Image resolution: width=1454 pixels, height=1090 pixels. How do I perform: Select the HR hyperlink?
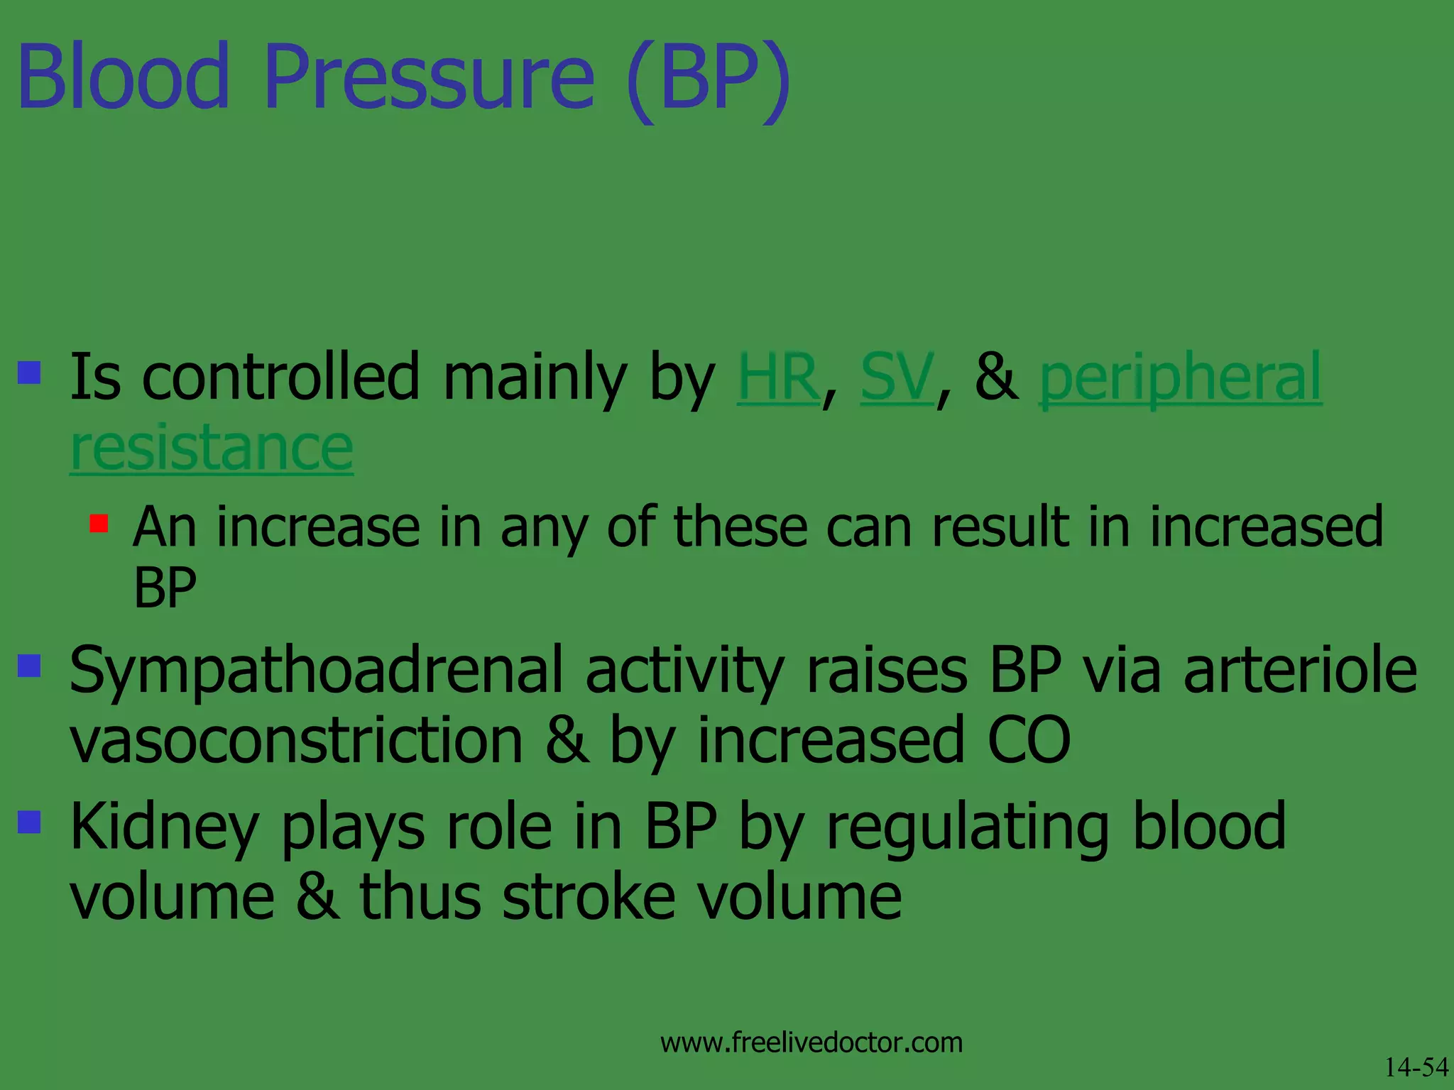[779, 378]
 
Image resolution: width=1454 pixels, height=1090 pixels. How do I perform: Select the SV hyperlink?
[897, 378]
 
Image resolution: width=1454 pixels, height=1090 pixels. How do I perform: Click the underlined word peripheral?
[1180, 380]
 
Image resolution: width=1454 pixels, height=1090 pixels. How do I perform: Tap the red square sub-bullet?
[99, 524]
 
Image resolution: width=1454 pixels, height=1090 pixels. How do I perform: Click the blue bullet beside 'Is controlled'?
[29, 372]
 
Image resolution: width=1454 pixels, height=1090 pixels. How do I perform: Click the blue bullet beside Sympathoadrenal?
[29, 666]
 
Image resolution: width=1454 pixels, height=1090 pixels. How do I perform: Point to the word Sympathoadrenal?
[316, 673]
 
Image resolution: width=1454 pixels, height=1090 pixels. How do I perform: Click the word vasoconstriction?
[296, 741]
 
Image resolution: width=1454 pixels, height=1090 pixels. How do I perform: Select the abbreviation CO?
[1029, 741]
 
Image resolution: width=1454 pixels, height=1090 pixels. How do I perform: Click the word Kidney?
[164, 827]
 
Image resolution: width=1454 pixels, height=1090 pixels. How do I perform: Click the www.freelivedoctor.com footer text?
[811, 1042]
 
